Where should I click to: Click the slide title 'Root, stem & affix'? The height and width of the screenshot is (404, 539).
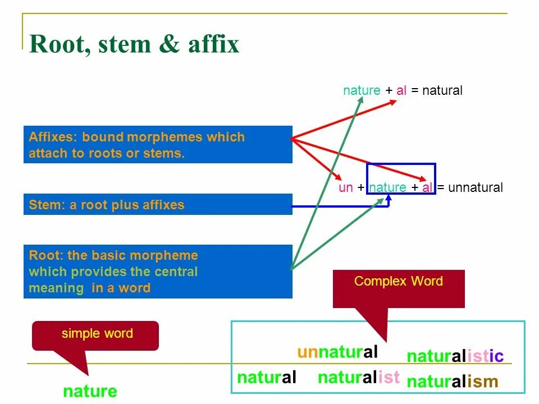point(134,44)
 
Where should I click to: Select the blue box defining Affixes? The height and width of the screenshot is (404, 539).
point(158,145)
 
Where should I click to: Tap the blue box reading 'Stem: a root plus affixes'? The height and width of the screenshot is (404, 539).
point(158,205)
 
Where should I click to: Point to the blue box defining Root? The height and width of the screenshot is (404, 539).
point(158,272)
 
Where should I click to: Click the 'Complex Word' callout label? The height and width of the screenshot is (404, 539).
point(399,282)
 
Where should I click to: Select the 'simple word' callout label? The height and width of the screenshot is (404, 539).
point(97,334)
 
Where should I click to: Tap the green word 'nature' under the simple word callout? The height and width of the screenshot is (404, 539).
point(90,392)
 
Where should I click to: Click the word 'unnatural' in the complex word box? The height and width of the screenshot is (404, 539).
point(337,352)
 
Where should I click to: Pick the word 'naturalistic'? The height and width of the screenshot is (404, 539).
point(455,356)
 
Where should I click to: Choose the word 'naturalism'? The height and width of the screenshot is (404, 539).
point(452,382)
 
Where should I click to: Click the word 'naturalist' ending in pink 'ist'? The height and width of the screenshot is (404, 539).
point(358,378)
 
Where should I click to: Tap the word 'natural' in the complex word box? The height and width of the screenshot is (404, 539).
point(267,378)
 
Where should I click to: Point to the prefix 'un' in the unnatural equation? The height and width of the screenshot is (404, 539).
point(345,188)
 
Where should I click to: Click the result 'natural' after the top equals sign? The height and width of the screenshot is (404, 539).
point(442,91)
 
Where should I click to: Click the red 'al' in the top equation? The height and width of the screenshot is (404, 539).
point(401,91)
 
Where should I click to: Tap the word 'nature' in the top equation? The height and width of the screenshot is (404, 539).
point(362,91)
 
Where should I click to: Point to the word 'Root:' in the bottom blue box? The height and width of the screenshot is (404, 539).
point(46,256)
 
